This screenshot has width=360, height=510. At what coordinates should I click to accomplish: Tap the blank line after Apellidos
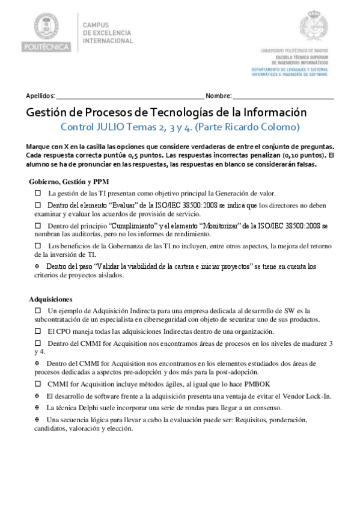click(130, 96)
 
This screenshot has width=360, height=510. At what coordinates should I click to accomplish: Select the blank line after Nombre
click(283, 96)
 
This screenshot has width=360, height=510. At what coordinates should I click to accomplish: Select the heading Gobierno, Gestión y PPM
click(69, 182)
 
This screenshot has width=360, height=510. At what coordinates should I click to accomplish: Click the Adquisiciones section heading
click(50, 299)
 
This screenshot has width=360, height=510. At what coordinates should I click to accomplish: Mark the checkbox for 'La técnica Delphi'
click(37, 407)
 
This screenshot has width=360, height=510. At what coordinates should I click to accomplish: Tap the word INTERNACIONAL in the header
click(108, 41)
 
